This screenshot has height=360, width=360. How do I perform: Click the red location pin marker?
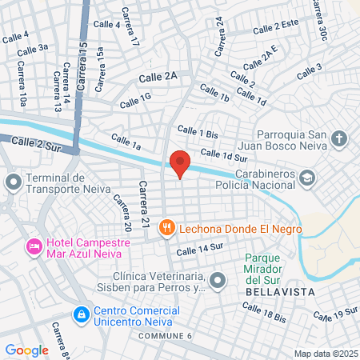[x=180, y=162]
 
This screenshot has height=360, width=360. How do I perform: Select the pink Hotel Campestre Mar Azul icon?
[x=34, y=244]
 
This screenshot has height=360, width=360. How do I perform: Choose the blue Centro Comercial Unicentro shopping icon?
[x=81, y=314]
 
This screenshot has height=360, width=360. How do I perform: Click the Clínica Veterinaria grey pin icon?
[x=218, y=280]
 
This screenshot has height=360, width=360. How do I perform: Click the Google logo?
[x=26, y=350]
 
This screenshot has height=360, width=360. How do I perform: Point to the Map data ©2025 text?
[x=325, y=353]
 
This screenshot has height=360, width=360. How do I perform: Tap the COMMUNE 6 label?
[x=166, y=335]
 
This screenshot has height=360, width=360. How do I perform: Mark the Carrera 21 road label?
[x=144, y=203]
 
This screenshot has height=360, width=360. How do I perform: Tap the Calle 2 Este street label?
[x=276, y=28]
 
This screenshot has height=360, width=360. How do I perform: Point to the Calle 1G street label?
[x=135, y=100]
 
